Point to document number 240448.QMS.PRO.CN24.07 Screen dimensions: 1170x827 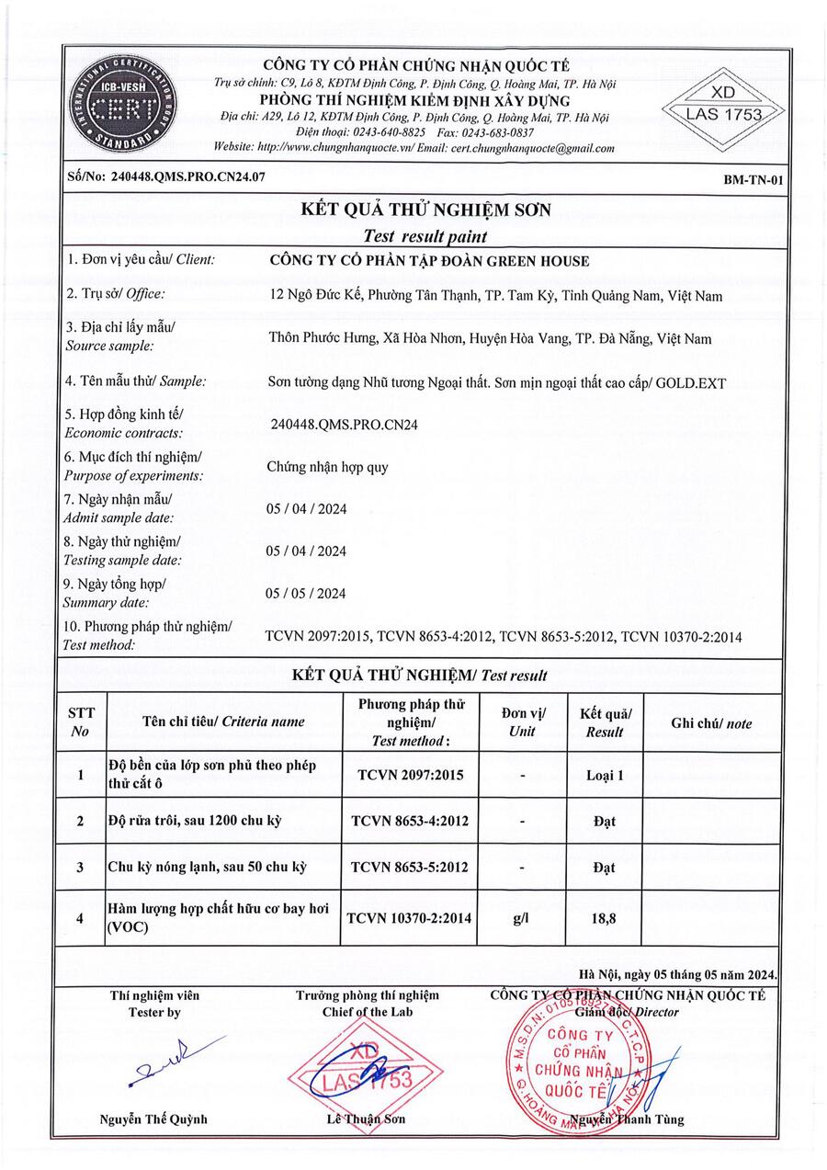coord(165,178)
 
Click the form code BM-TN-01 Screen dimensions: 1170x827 coord(753,180)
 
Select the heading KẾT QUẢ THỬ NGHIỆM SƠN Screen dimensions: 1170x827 coord(425,210)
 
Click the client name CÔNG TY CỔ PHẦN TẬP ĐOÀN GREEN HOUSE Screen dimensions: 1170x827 coord(428,261)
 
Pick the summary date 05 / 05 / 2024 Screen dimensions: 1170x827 coord(306,593)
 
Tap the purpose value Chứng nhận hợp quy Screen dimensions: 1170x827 coord(327,467)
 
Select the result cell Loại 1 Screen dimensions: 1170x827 coord(605,775)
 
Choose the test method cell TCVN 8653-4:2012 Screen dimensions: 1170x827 coord(410,821)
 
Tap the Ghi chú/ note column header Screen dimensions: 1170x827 coord(711,723)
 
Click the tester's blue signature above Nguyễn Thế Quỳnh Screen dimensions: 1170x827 coord(175,1057)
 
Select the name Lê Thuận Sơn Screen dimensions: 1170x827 coord(366,1119)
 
